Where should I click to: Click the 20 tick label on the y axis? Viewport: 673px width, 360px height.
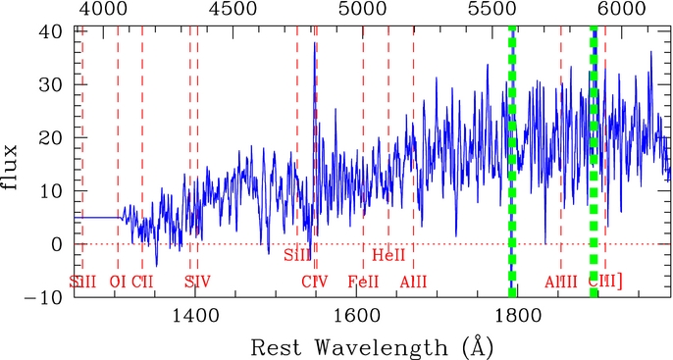click(50, 137)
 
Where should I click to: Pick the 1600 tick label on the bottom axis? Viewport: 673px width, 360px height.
click(353, 317)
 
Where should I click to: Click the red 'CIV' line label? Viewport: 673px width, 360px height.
click(314, 283)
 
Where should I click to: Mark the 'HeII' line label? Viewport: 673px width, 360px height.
click(389, 256)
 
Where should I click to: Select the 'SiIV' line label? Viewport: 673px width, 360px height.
click(197, 283)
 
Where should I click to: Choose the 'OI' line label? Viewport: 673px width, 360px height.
click(118, 283)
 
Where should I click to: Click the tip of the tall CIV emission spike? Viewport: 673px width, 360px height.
click(314, 42)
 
